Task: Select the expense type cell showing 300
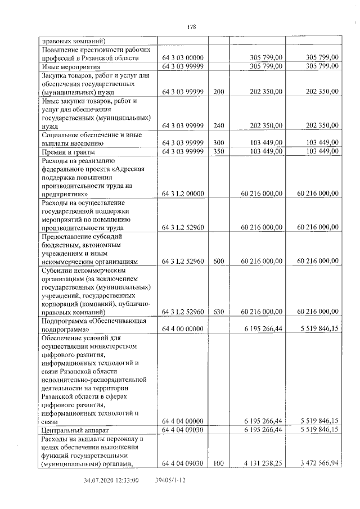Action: [219, 143]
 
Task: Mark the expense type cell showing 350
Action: [219, 151]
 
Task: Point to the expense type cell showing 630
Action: [219, 312]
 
